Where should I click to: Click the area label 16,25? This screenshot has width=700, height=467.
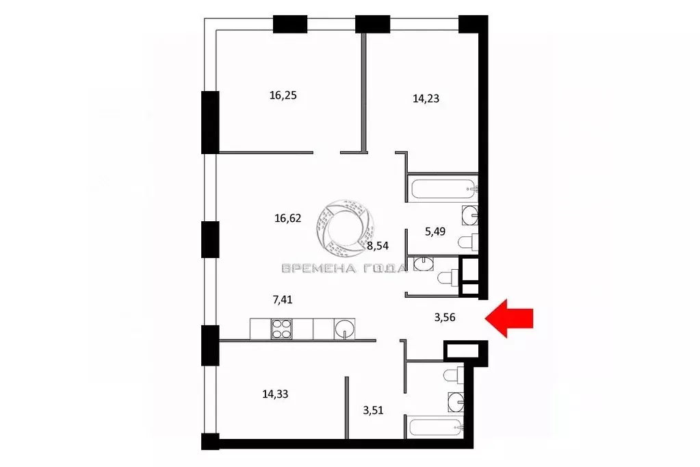(283, 95)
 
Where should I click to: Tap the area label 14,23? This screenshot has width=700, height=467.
(426, 98)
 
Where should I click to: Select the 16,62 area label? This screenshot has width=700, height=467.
(287, 218)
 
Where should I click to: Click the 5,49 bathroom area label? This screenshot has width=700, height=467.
(435, 231)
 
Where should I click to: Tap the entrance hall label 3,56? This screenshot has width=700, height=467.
(445, 317)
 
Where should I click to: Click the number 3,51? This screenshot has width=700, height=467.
(373, 410)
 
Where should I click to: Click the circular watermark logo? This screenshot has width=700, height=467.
(350, 225)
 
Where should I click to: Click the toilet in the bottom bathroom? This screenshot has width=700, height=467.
(453, 375)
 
